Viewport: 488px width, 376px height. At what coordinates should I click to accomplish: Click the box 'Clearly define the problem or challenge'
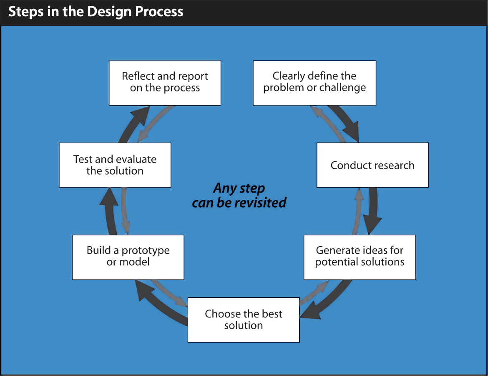pos(314,83)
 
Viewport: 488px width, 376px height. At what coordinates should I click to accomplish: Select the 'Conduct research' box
pos(372,165)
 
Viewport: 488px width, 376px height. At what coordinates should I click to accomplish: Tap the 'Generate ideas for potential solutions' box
pos(360,257)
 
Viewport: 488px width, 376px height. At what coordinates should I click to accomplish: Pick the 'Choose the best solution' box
pos(244,320)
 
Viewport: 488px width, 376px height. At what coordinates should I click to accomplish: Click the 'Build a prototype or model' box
pos(128,257)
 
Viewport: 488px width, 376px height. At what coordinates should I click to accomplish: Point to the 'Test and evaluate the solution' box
pos(115,165)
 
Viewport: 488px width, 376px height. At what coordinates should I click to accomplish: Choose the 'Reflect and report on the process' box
pos(165,83)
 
